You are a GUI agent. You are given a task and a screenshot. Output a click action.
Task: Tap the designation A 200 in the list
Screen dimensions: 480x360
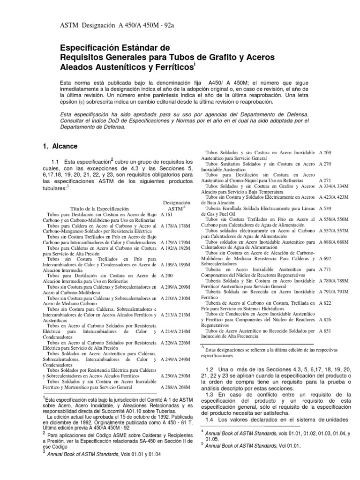coord(166,275)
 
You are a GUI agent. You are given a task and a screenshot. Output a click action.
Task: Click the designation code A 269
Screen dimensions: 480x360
coord(325,153)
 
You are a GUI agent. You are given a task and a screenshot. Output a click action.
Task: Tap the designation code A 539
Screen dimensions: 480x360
coord(325,208)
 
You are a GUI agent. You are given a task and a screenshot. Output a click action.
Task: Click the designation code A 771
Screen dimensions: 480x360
coord(325,270)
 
